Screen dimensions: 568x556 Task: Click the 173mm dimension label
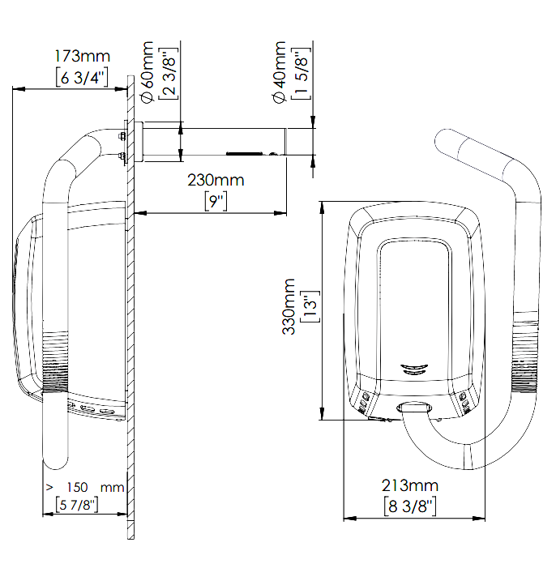click(x=82, y=56)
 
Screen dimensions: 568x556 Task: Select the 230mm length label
click(x=215, y=180)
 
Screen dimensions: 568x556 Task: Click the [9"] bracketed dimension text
click(x=215, y=200)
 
